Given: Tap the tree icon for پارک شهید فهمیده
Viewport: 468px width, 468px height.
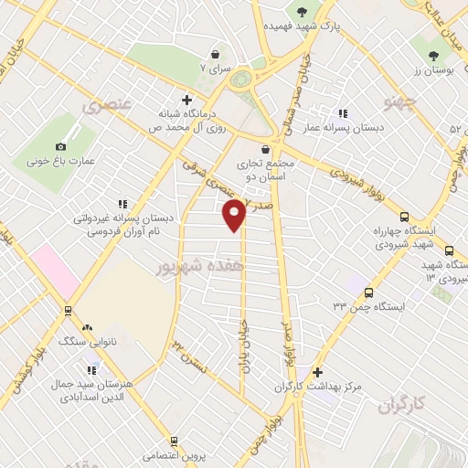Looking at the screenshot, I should click(301, 11).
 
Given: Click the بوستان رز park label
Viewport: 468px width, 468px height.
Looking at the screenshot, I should click(431, 70).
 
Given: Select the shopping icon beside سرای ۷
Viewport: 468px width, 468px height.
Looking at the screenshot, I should click(214, 55).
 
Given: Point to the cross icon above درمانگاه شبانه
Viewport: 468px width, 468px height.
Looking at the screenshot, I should click(187, 100).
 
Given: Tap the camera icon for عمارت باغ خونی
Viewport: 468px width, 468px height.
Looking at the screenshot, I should click(61, 146).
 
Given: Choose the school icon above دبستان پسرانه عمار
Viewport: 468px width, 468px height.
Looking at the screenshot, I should click(343, 113).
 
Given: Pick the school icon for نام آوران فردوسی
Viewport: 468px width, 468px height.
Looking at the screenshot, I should click(122, 206).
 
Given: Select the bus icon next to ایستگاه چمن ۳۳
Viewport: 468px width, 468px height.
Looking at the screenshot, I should click(367, 292).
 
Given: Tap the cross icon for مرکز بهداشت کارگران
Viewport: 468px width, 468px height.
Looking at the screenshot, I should click(316, 372).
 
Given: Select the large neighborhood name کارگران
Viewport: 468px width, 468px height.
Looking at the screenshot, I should click(401, 403).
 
